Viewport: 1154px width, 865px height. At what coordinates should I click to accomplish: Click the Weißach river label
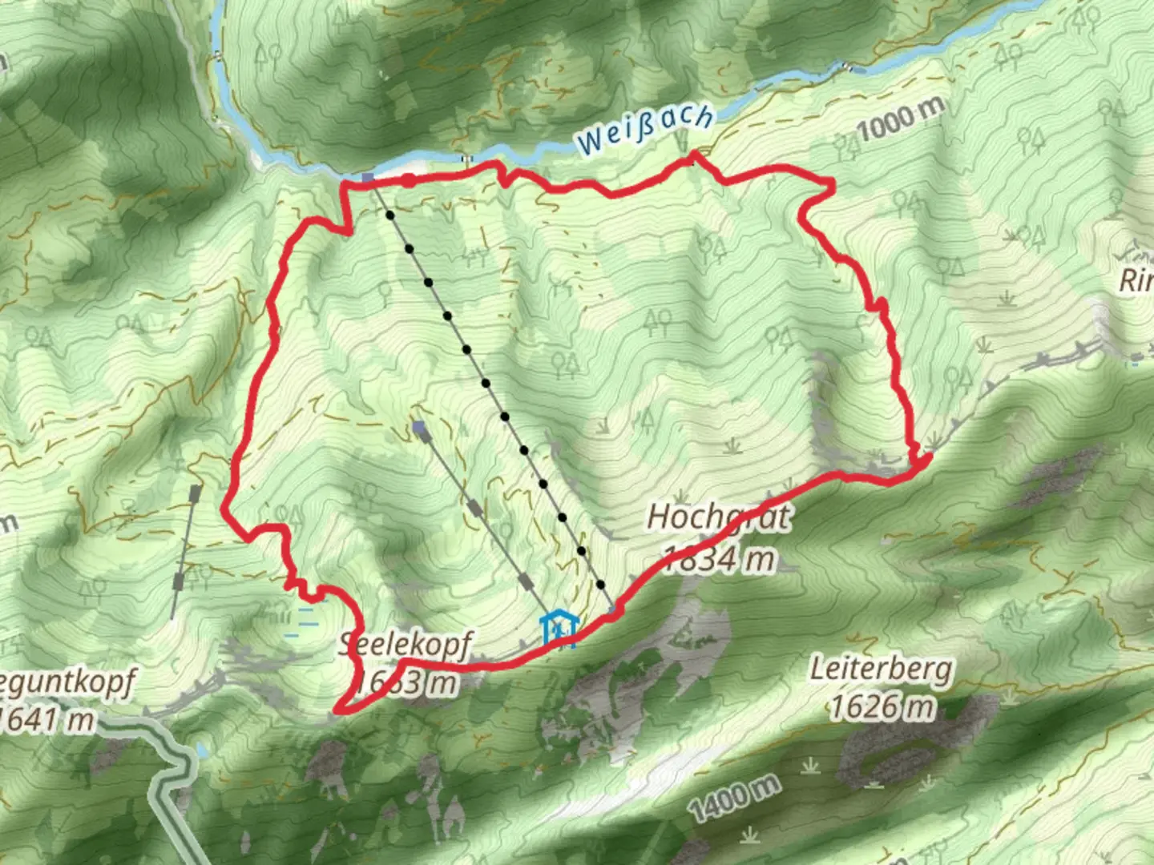pos(644,129)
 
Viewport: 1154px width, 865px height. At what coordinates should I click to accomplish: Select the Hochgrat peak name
pos(718,517)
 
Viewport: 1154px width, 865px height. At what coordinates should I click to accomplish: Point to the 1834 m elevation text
pos(720,558)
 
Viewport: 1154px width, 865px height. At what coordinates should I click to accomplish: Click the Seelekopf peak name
pos(406,643)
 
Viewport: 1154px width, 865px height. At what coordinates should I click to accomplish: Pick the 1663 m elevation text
pos(406,682)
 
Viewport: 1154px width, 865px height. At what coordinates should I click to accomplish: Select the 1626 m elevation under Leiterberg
pos(881,706)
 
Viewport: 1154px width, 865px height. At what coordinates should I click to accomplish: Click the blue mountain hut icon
pos(559,629)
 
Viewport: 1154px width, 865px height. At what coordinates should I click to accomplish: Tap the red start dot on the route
pos(409,180)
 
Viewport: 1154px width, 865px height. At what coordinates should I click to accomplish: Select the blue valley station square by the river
pos(367,177)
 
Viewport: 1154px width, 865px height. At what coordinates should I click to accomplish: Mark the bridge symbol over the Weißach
pos(466,159)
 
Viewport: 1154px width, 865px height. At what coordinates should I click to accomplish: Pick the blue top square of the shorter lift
pos(418,430)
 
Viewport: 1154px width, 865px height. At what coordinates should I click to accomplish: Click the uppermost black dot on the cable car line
pos(390,215)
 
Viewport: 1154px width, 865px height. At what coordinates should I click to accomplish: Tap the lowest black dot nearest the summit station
pos(600,585)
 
